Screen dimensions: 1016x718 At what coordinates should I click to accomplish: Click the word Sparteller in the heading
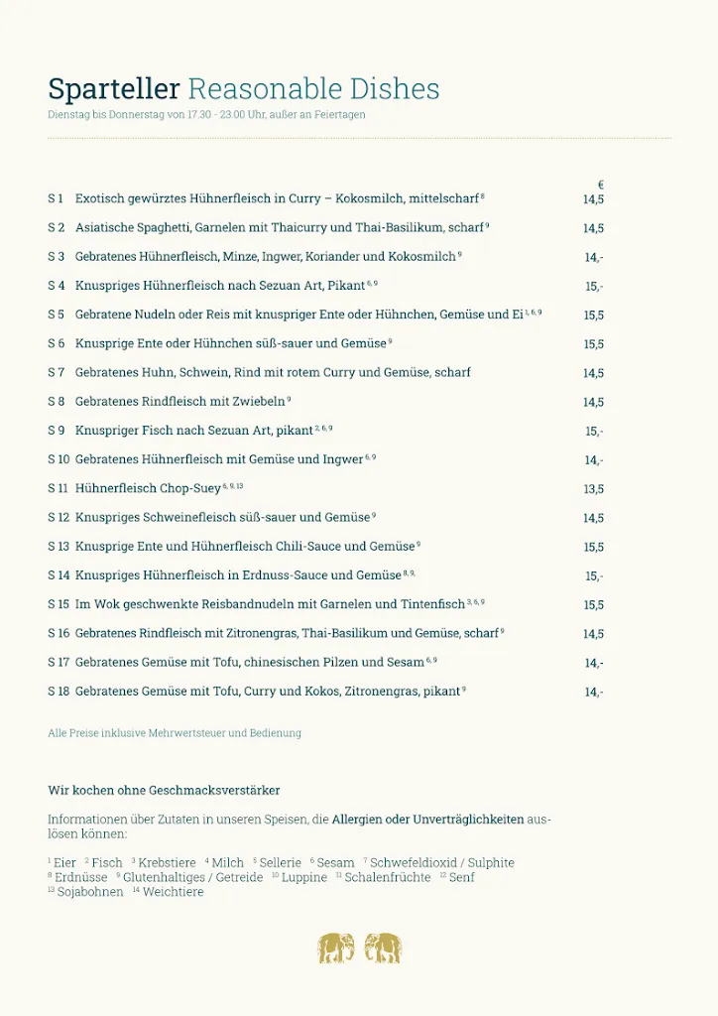tap(114, 89)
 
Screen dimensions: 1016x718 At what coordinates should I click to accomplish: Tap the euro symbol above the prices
tap(601, 185)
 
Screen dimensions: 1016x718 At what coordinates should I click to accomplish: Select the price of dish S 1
tap(593, 199)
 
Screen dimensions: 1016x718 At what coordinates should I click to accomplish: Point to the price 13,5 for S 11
tap(593, 489)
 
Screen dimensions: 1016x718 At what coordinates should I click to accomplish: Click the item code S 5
tap(56, 315)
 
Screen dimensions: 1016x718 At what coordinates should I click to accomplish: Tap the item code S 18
tap(59, 691)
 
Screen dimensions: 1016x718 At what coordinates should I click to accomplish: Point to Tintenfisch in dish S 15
tap(432, 604)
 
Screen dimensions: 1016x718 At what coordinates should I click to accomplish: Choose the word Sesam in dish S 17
tap(405, 662)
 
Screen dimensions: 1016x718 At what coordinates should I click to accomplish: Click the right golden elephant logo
tap(383, 948)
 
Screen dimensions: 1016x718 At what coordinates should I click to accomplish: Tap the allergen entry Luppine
tap(303, 877)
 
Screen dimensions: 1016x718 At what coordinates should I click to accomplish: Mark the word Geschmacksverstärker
tap(214, 791)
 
